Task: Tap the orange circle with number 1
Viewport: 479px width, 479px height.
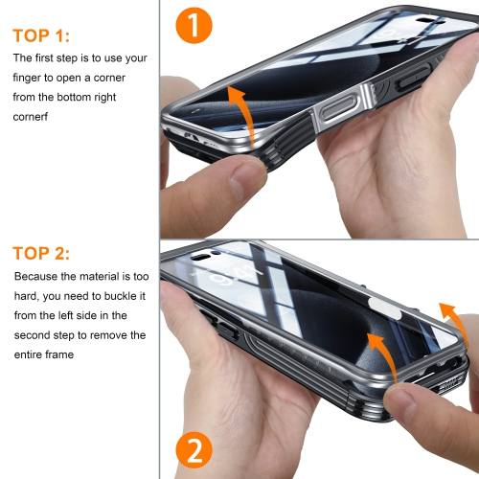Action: click(194, 26)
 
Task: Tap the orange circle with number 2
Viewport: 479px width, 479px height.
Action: click(194, 450)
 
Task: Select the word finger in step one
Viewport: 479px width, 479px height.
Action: click(34, 79)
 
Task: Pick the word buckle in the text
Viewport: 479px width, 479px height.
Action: click(125, 297)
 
